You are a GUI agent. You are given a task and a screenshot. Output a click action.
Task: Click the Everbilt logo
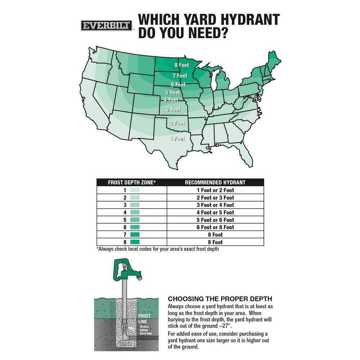coord(106,26)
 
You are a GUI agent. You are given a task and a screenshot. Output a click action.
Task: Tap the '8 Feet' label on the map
coord(181,65)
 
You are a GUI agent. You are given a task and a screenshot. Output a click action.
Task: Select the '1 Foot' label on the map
coord(177,139)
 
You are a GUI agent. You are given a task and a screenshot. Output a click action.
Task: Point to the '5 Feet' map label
coord(172,93)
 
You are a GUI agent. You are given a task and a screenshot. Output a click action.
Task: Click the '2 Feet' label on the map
coord(177,123)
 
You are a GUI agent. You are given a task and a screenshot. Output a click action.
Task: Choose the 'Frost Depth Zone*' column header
coord(132,183)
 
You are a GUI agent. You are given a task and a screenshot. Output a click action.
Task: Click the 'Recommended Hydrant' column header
coord(215,183)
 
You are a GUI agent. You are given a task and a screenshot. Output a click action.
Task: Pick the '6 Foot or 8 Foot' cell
coord(215,227)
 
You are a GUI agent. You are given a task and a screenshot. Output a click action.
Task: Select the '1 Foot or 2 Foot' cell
coord(215,190)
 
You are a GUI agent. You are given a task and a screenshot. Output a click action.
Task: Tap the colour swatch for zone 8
coord(135,242)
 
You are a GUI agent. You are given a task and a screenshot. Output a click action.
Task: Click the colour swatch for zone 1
coord(135,190)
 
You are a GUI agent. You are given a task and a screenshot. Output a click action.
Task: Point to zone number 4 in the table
coord(125,212)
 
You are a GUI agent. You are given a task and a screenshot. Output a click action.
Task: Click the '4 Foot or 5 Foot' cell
coord(215,212)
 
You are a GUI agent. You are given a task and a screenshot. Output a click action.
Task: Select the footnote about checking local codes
coord(158,249)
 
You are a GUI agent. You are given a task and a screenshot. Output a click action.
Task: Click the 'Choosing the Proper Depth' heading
coord(220,299)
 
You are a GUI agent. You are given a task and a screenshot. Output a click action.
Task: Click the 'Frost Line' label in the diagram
coord(144,319)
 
